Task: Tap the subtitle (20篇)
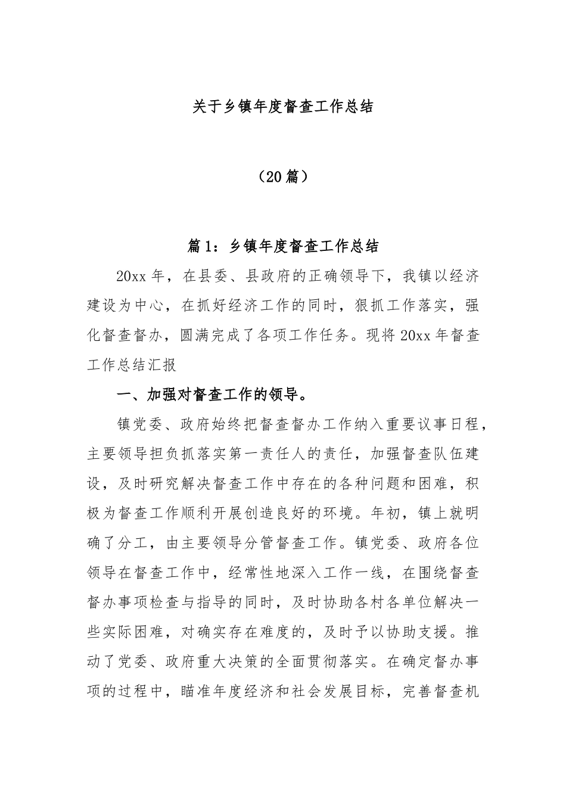[284, 176]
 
